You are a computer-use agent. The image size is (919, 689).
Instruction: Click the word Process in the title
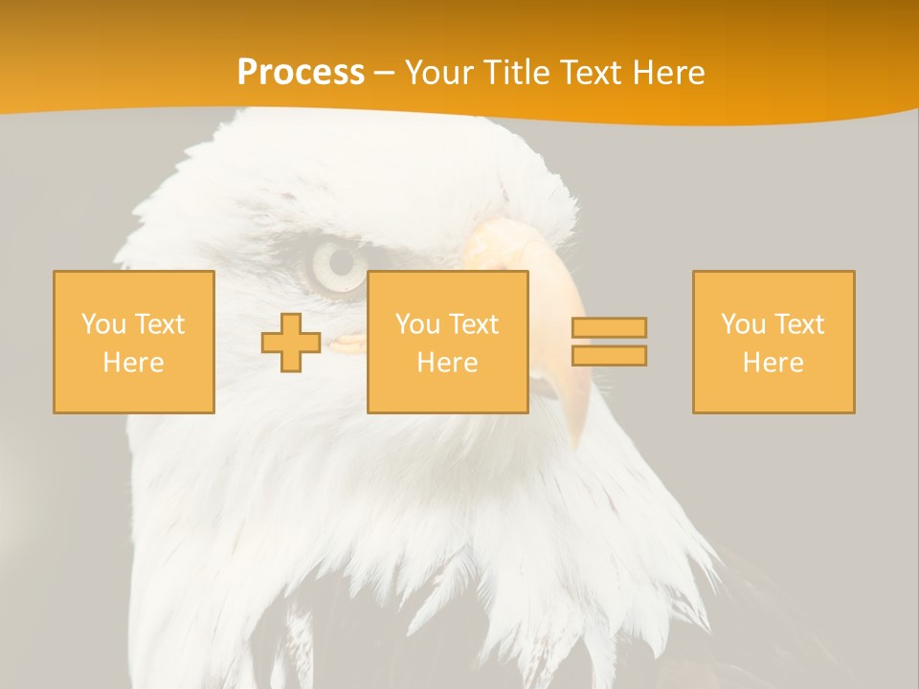pos(301,73)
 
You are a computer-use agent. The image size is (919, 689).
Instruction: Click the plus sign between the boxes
pos(291,343)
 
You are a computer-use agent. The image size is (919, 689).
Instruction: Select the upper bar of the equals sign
pos(609,327)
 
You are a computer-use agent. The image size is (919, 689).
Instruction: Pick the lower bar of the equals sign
pos(609,355)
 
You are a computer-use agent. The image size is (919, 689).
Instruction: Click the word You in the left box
pos(103,324)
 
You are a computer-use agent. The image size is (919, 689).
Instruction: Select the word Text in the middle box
pos(475,324)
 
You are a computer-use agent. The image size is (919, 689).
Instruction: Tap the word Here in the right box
pos(773,363)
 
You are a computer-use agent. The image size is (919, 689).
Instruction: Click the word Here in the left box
pos(134,363)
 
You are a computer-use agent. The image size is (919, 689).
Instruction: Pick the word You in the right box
pos(743,324)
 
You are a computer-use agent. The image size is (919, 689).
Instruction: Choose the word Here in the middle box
pos(448,363)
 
